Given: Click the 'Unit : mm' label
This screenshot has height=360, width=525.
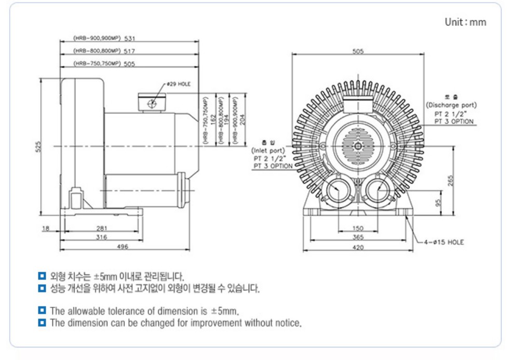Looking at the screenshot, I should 465,22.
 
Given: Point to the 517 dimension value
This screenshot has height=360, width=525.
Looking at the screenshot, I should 130,51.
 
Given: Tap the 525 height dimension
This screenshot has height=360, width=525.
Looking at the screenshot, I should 37,148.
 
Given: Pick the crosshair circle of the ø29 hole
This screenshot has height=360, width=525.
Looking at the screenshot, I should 152,103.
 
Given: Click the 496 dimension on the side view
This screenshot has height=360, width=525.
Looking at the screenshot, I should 123,247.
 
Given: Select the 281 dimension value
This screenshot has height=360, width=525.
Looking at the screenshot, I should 102,228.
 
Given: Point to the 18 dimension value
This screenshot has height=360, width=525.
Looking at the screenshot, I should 45,228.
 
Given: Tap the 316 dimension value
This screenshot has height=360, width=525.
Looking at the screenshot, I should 101,237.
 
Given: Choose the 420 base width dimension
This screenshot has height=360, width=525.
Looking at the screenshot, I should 358,247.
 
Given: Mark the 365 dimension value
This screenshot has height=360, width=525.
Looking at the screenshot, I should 358,237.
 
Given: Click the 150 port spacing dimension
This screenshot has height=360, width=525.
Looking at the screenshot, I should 358,228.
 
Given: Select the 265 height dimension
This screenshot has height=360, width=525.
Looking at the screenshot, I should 450,179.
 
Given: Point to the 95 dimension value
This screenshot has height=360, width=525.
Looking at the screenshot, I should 438,202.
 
